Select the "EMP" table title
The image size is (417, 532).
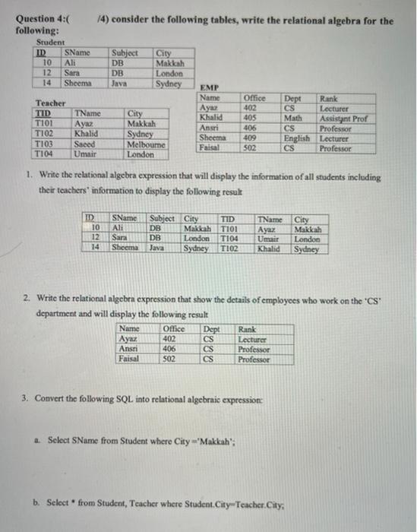tap(207, 88)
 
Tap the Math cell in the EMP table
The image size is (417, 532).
tap(292, 119)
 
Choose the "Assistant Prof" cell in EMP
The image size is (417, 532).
tap(345, 119)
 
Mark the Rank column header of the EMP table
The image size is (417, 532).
tap(330, 99)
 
